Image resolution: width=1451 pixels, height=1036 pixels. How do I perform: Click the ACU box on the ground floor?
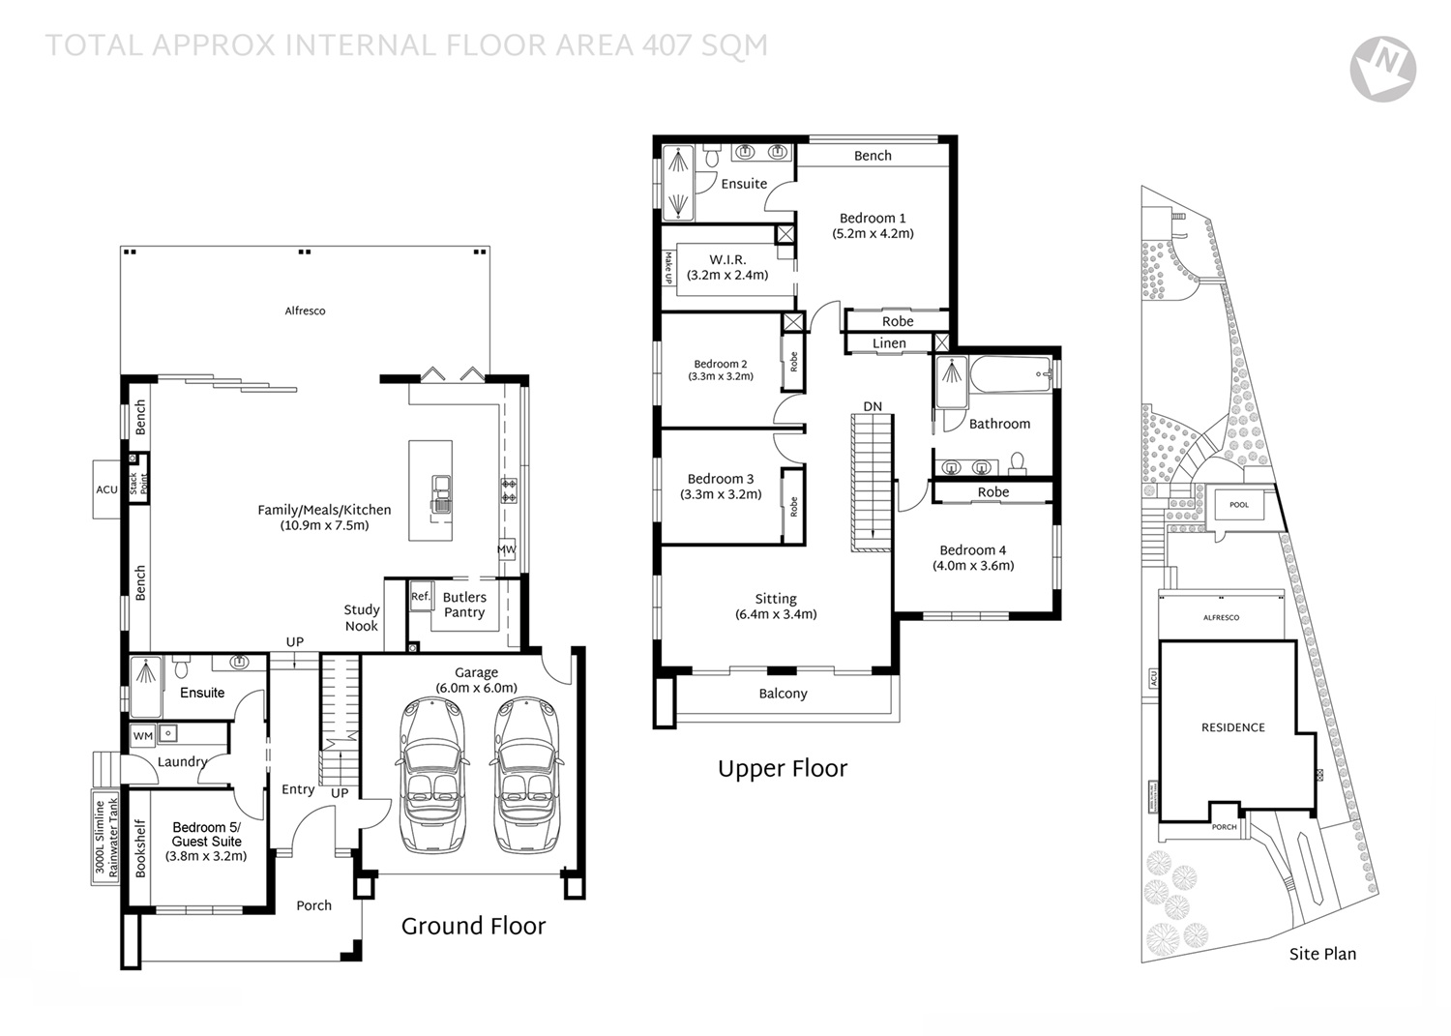106,489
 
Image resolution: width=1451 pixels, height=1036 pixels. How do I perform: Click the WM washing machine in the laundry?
143,736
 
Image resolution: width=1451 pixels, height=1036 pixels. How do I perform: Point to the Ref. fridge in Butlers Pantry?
420,597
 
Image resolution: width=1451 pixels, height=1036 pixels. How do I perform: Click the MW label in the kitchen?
506,549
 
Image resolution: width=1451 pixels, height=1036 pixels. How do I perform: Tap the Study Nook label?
362,618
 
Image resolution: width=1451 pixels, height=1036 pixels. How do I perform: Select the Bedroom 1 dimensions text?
873,233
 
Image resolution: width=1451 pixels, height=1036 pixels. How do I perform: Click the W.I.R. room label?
727,260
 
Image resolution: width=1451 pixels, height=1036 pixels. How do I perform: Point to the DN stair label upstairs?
873,406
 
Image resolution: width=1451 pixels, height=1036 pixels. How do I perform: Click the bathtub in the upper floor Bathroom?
1007,374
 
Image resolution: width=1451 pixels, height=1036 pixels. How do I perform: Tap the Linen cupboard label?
889,343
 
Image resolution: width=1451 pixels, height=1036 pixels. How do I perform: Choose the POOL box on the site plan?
1239,505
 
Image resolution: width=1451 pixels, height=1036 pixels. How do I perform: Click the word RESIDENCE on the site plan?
1232,727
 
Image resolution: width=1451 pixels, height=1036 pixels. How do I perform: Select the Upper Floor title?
782,769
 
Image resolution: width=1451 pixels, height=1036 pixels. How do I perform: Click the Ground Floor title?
473,927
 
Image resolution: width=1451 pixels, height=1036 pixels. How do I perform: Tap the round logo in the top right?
1382,69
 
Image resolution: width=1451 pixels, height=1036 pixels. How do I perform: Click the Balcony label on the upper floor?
783,694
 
